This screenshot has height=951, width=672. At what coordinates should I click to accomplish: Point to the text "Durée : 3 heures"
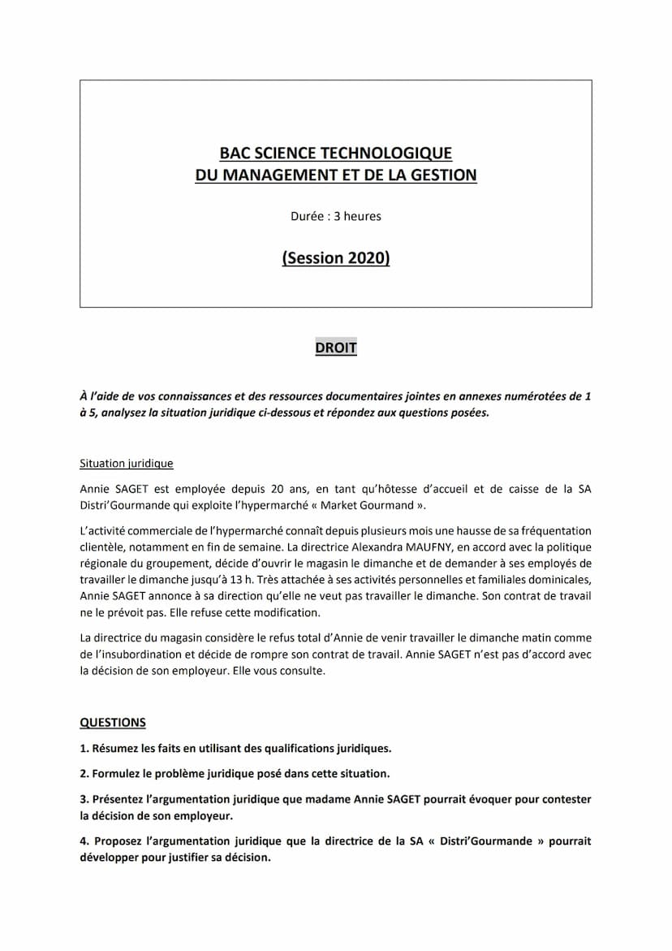click(335, 217)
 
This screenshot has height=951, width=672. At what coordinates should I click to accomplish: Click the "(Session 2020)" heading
click(335, 259)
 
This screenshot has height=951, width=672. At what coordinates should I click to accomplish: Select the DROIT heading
click(335, 348)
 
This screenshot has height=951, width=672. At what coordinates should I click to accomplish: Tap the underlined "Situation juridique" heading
click(126, 464)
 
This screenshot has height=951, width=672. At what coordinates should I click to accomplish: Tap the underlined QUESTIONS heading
click(113, 722)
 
